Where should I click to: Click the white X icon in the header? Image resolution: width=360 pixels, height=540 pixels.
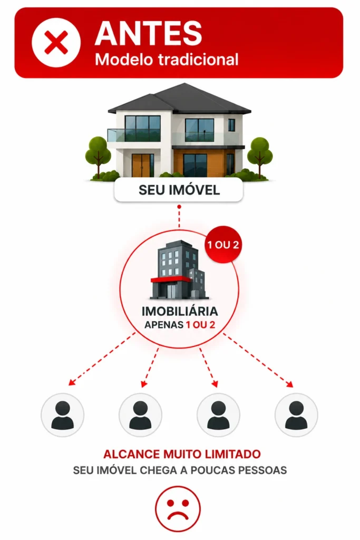(56, 42)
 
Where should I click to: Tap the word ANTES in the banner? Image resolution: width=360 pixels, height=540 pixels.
(148, 33)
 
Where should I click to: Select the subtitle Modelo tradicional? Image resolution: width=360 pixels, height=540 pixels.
(167, 59)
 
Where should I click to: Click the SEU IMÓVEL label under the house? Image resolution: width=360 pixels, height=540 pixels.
(179, 190)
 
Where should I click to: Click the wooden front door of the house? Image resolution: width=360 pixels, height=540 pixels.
(142, 165)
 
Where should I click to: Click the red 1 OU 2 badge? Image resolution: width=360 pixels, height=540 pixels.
(223, 245)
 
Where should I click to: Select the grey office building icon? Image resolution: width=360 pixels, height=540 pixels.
(179, 270)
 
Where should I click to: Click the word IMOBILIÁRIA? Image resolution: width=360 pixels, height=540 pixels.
(180, 311)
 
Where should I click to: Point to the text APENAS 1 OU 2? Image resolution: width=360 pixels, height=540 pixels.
(180, 325)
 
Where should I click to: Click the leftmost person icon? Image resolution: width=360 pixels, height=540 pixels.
(62, 415)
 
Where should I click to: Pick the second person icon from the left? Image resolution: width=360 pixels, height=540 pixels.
(140, 415)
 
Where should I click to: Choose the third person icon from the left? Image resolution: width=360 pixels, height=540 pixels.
(218, 415)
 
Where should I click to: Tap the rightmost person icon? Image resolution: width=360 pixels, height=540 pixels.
(296, 415)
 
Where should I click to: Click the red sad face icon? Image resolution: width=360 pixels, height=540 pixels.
(178, 509)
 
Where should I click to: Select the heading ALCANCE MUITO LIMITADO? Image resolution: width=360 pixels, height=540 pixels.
(182, 454)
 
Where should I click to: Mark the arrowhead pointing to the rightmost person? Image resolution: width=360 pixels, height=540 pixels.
(290, 384)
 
